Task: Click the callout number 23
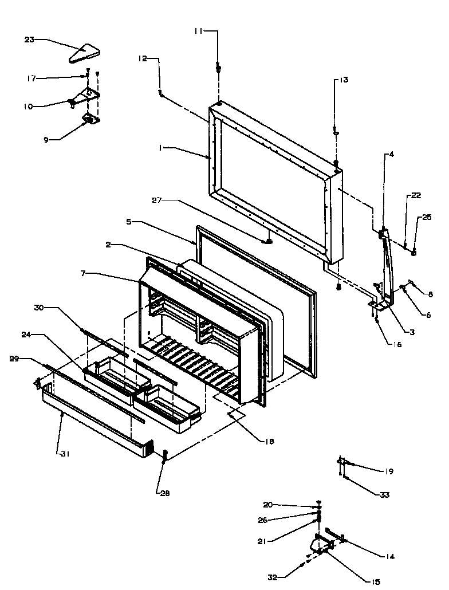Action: (x=29, y=40)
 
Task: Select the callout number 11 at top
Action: (x=198, y=32)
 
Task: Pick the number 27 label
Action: (x=157, y=200)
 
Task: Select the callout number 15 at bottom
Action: (x=375, y=581)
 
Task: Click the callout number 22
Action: (x=415, y=196)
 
